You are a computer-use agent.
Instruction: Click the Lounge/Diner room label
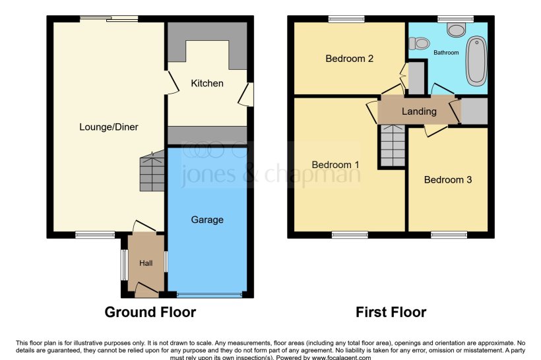pyautogui.click(x=109, y=127)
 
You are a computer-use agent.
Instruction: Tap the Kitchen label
pyautogui.click(x=207, y=83)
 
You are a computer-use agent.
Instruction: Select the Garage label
pyautogui.click(x=207, y=220)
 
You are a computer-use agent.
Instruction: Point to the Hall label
pyautogui.click(x=146, y=263)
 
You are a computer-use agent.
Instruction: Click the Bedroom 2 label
pyautogui.click(x=350, y=58)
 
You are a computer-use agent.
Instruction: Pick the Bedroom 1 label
pyautogui.click(x=336, y=164)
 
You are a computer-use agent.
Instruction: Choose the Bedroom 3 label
pyautogui.click(x=448, y=179)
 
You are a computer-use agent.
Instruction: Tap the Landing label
pyautogui.click(x=419, y=111)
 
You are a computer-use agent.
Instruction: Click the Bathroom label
pyautogui.click(x=446, y=52)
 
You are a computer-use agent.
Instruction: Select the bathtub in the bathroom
pyautogui.click(x=476, y=61)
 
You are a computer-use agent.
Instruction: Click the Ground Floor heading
pyautogui.click(x=150, y=312)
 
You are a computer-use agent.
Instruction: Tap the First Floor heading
pyautogui.click(x=391, y=312)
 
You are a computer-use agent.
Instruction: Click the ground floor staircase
pyautogui.click(x=152, y=173)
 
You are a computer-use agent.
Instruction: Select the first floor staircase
pyautogui.click(x=392, y=146)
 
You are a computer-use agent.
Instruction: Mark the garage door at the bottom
pyautogui.click(x=208, y=295)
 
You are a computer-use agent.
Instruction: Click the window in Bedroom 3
pyautogui.click(x=449, y=234)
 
